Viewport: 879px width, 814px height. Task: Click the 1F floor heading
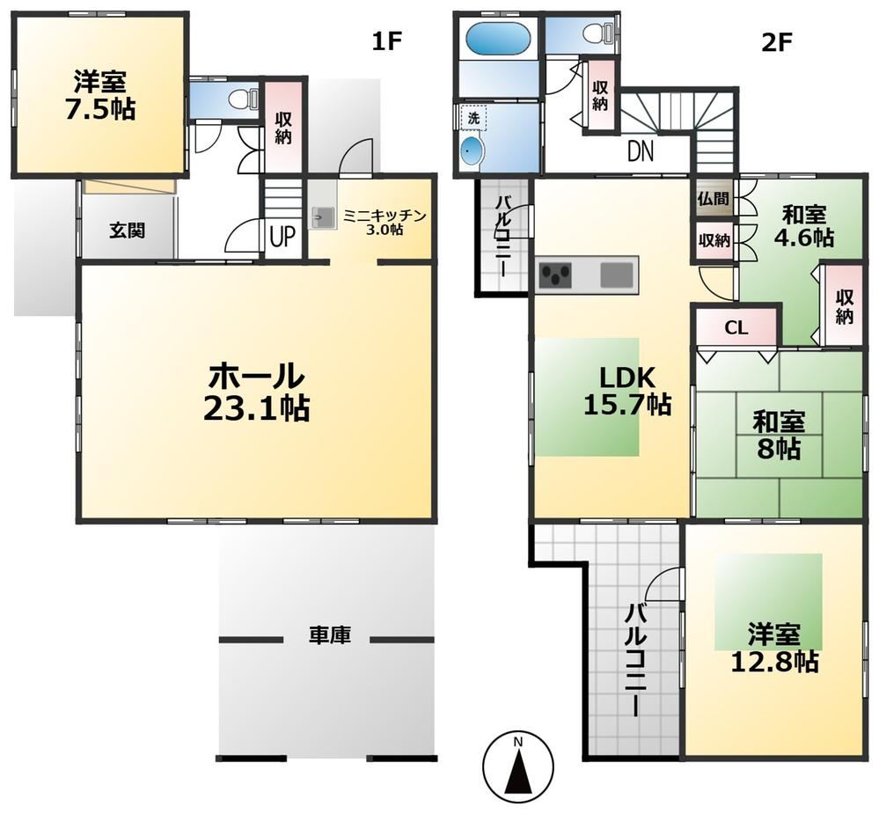388,41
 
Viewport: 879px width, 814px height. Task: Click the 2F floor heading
775,41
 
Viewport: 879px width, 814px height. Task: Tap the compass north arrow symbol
518,766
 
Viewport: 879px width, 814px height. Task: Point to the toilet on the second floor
596,33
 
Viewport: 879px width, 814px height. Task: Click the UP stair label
282,237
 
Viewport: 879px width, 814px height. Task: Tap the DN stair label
641,151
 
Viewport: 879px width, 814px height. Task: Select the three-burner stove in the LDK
555,275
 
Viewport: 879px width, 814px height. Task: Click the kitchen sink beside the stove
617,275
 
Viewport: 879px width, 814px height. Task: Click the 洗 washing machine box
473,118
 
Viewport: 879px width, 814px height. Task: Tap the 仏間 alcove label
714,199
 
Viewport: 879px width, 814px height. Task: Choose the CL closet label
736,328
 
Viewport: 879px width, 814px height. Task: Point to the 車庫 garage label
330,635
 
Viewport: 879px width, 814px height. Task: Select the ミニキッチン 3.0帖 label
385,222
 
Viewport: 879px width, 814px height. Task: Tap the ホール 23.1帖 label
257,392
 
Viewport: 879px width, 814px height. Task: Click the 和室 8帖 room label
779,435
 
